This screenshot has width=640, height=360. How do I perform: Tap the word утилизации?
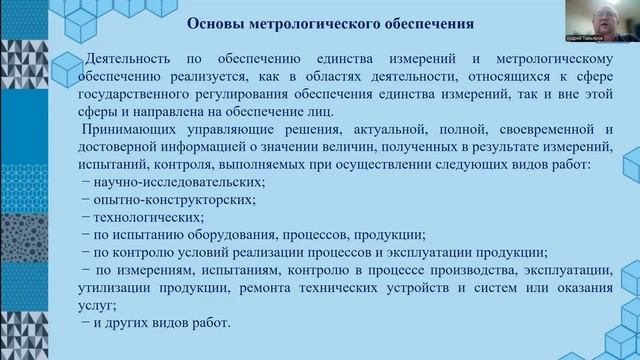(116, 289)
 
